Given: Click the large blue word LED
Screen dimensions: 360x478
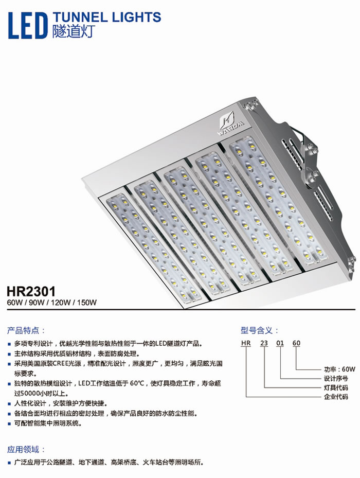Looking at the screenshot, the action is [28, 25].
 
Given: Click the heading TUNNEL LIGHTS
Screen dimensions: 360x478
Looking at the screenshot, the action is [106, 17].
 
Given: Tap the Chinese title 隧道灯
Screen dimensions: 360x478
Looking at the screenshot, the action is [74, 31].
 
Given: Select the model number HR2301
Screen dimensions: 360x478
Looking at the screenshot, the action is [31, 291].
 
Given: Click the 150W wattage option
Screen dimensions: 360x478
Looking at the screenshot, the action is [87, 303].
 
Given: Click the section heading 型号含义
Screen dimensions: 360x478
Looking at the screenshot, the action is [257, 330].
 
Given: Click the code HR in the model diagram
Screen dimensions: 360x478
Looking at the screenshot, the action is [246, 343].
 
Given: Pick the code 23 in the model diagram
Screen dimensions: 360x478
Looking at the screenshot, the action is [264, 343].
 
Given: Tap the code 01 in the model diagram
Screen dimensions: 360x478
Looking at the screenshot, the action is [280, 343].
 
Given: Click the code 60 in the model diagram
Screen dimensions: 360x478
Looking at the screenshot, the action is [296, 343].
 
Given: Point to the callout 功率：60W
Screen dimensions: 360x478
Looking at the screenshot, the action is [339, 369].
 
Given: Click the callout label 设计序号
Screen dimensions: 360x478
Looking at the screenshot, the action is [336, 379].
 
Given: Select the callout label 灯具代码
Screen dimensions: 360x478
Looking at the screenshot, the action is [336, 388].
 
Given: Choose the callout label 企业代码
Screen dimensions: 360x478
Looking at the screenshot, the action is [336, 397].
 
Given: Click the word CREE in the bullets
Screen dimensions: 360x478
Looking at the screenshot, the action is [60, 364].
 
